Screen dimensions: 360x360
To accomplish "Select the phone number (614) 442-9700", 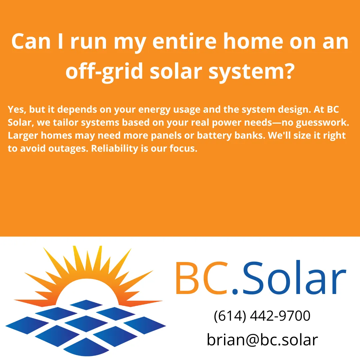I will pyautogui.click(x=262, y=316).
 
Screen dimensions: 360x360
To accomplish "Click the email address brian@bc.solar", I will pyautogui.click(x=262, y=340).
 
